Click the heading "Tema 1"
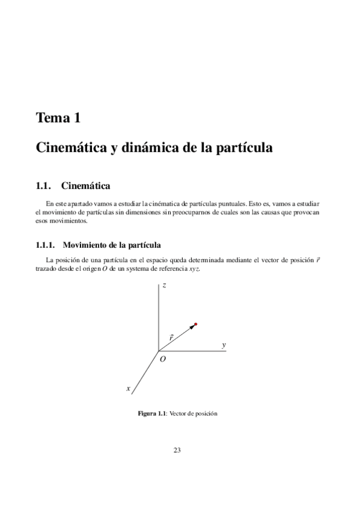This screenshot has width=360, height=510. click(x=58, y=118)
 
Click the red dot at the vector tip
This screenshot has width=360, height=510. click(x=196, y=325)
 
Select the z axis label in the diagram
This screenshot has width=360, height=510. click(x=164, y=286)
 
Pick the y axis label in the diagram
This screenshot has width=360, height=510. click(x=224, y=345)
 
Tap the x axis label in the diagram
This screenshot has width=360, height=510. click(x=128, y=389)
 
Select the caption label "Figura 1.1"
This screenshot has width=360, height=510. click(x=152, y=414)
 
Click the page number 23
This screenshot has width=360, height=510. click(x=177, y=450)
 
